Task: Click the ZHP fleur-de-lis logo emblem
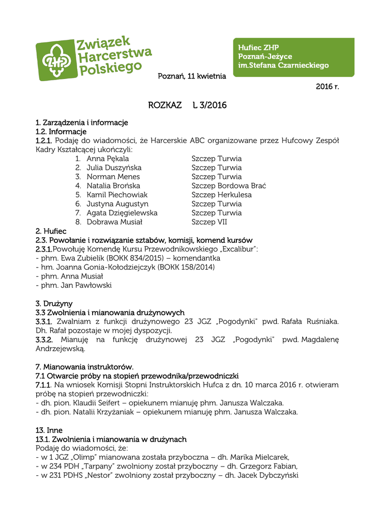(x=55, y=61)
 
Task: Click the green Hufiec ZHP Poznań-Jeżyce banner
(x=293, y=57)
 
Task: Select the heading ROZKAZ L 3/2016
(x=187, y=105)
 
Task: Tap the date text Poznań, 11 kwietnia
(x=192, y=76)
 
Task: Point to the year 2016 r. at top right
(x=327, y=86)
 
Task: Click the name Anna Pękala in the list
(x=108, y=159)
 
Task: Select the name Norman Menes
(x=113, y=177)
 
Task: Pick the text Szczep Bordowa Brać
(x=229, y=185)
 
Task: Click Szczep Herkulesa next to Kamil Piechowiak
(x=221, y=195)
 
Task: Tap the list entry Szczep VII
(x=209, y=222)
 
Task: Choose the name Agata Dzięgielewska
(x=122, y=213)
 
